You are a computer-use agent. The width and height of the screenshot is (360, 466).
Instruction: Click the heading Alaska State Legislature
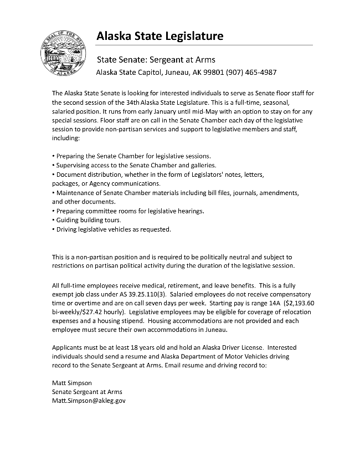[x=160, y=37]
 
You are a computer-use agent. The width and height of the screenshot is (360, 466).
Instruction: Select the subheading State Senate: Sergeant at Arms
[x=156, y=59]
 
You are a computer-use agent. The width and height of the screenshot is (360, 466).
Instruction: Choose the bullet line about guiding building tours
[x=86, y=220]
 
